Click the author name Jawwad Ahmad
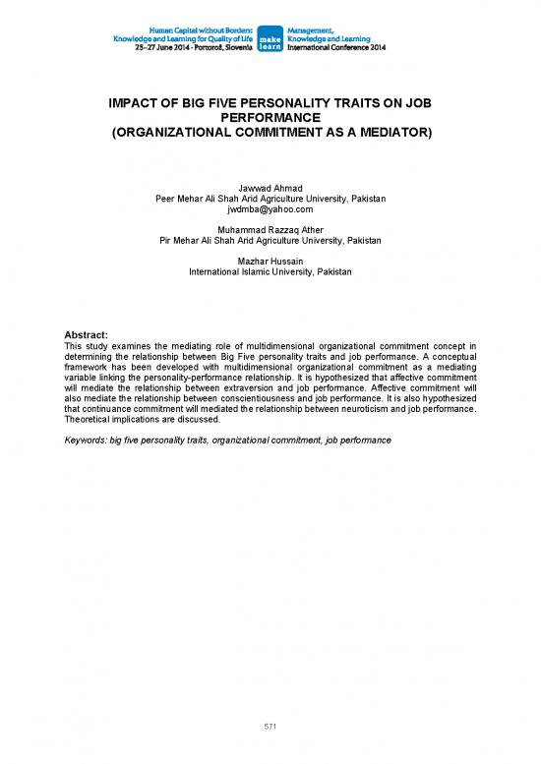270,187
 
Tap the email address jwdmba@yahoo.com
270,208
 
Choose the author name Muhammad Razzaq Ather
270,229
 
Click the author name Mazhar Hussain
270,261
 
